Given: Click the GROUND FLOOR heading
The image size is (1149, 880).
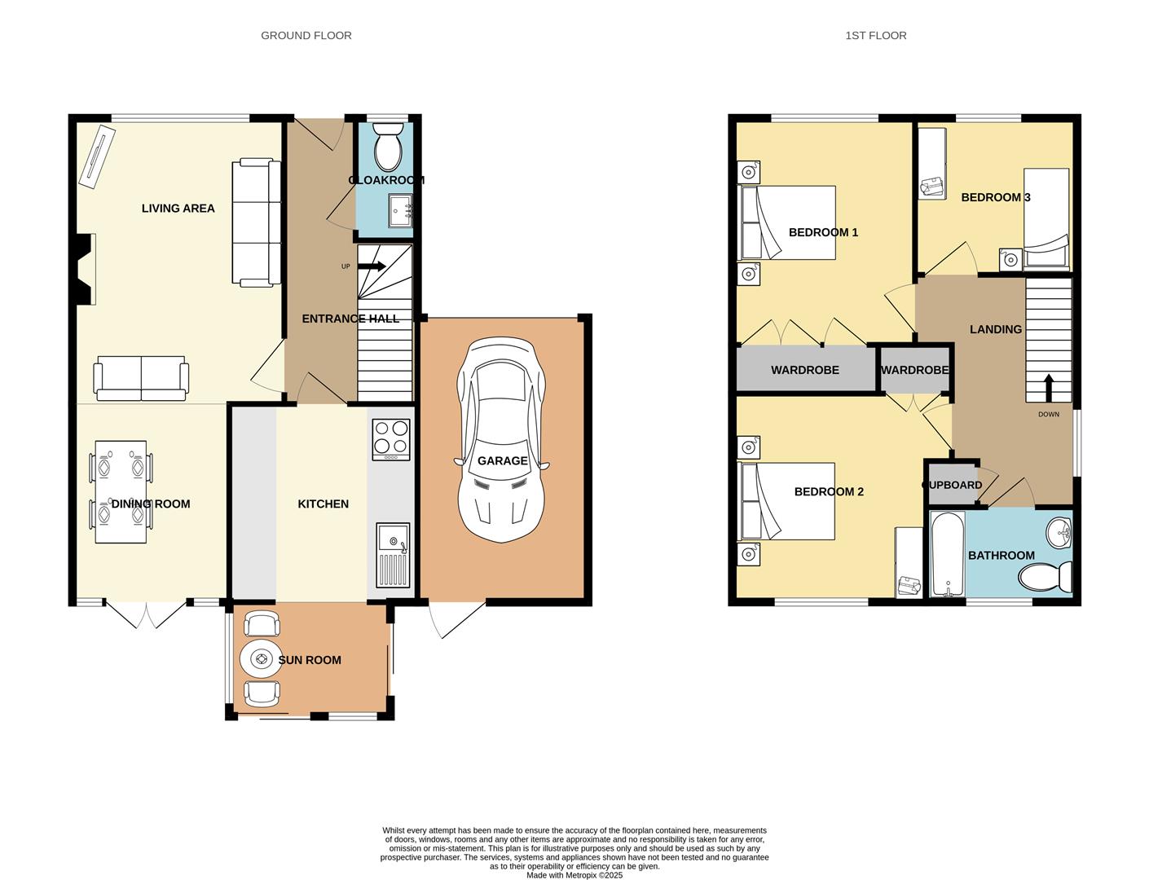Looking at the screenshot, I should point(306,35).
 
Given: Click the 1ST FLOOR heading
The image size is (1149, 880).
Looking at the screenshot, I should point(875,35).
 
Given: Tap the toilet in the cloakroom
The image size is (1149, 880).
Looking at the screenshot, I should point(388,146).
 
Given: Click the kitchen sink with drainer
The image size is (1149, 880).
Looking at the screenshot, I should point(392,554).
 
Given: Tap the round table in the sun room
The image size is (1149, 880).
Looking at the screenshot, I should point(261,659).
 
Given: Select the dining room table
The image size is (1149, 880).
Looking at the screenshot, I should point(121,491).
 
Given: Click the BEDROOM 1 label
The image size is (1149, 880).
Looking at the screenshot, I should point(823,232).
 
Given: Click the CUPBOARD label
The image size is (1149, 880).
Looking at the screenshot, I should point(953,485).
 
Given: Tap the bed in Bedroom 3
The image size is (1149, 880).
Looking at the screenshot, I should point(1046,217).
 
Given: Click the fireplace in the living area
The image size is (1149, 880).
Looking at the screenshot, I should point(84,269).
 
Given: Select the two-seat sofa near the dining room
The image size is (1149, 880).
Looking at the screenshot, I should point(141,378).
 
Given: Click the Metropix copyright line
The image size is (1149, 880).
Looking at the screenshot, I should point(574,875).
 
